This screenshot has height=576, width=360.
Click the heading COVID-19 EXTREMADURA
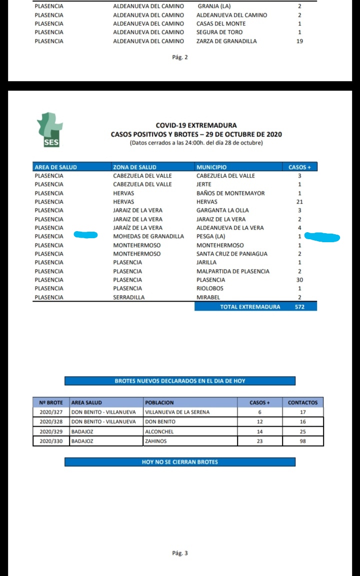(196, 126)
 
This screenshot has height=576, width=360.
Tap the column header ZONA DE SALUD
(134, 167)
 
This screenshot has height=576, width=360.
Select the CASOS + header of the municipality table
(299, 167)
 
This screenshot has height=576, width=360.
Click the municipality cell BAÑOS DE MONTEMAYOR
(230, 193)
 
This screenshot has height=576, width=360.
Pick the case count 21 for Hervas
(299, 202)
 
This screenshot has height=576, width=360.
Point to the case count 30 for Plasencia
(299, 280)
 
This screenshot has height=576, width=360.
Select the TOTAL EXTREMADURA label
(250, 306)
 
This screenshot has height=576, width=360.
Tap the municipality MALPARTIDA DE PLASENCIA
(233, 271)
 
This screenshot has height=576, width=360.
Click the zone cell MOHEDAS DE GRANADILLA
(148, 236)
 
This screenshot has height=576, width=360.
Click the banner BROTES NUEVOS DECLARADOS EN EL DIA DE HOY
(180, 381)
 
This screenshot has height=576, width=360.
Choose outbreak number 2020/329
(51, 431)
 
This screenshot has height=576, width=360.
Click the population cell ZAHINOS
(155, 441)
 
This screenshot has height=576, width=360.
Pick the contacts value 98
(302, 441)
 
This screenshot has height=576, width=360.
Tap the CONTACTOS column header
(302, 402)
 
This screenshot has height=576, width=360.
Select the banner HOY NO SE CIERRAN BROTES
(180, 462)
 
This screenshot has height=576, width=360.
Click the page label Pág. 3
(180, 553)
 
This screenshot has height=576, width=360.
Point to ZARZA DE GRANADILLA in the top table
(226, 41)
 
